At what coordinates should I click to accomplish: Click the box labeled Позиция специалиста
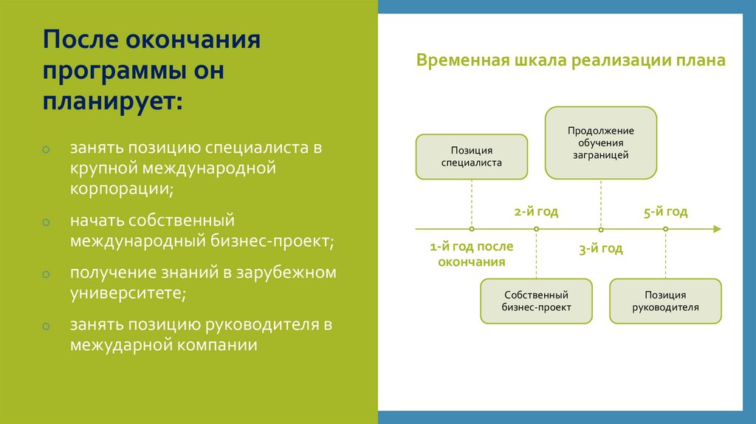coord(471,157)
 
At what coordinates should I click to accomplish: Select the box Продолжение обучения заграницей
coord(600,143)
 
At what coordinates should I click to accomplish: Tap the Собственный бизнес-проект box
coord(536,301)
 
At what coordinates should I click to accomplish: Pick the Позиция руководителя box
coord(665,301)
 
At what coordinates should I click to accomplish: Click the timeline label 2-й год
coord(536,212)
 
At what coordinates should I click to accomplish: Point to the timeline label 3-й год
coord(600,249)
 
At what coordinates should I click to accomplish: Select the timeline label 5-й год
coord(665,212)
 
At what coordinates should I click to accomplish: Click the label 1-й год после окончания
coord(471,254)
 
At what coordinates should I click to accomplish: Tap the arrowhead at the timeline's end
coord(716,230)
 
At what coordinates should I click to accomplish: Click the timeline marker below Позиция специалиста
coord(471,230)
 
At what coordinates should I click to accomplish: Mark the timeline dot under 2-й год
coord(536,230)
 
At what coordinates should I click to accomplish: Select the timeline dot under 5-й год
coord(665,230)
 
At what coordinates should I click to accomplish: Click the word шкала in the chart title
coord(537,61)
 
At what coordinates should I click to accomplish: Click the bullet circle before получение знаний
coord(46,274)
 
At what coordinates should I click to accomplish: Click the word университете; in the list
coord(128,293)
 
